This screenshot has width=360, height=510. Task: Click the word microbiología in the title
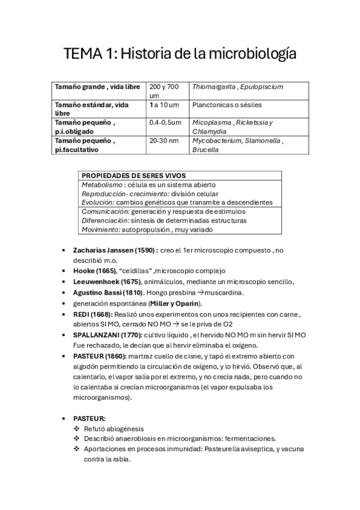click(x=252, y=55)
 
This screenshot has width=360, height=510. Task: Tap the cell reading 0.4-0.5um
click(x=165, y=123)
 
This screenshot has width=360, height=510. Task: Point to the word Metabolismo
click(x=103, y=185)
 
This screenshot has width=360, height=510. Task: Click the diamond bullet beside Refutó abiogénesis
click(x=76, y=428)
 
